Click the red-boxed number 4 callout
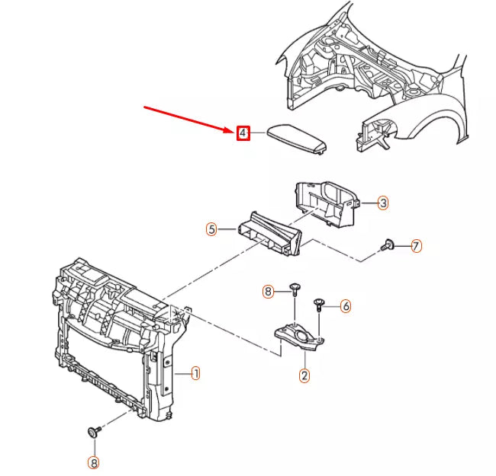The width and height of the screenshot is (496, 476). coord(243,133)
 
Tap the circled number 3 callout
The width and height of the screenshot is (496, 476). coord(383,203)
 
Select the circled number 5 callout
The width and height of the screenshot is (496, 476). coord(211,229)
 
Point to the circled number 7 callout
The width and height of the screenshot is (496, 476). coord(417,246)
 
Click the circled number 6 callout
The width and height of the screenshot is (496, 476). coord(346,306)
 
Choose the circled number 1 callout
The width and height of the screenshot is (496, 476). coord(196,373)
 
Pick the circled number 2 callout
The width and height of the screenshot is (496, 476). coord(304,375)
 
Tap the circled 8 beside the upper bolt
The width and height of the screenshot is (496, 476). coord(268,292)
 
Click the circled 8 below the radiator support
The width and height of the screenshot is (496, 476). coord(93,463)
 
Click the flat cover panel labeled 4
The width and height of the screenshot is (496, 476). coord(297,139)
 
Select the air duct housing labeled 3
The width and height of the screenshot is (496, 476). coord(327,203)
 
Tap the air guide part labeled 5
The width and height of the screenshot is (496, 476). coord(270,235)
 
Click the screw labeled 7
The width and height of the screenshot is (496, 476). coord(388,245)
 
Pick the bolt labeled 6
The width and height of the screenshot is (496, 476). coord(319,305)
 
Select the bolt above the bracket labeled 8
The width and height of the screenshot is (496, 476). coord(295,289)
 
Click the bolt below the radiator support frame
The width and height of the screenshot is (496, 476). coord(94,431)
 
